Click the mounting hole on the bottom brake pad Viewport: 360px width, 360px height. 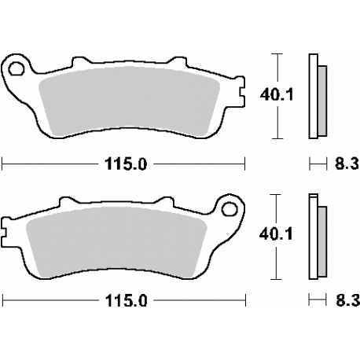pyautogui.click(x=230, y=209)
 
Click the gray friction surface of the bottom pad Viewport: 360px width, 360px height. pyautogui.click(x=118, y=240)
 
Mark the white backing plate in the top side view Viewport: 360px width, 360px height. pyautogui.click(x=314, y=94)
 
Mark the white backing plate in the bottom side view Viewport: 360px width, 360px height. pyautogui.click(x=314, y=236)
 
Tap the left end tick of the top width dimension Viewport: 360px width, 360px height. pyautogui.click(x=3, y=163)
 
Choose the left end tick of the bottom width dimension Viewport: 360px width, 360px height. pyautogui.click(x=3, y=301)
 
